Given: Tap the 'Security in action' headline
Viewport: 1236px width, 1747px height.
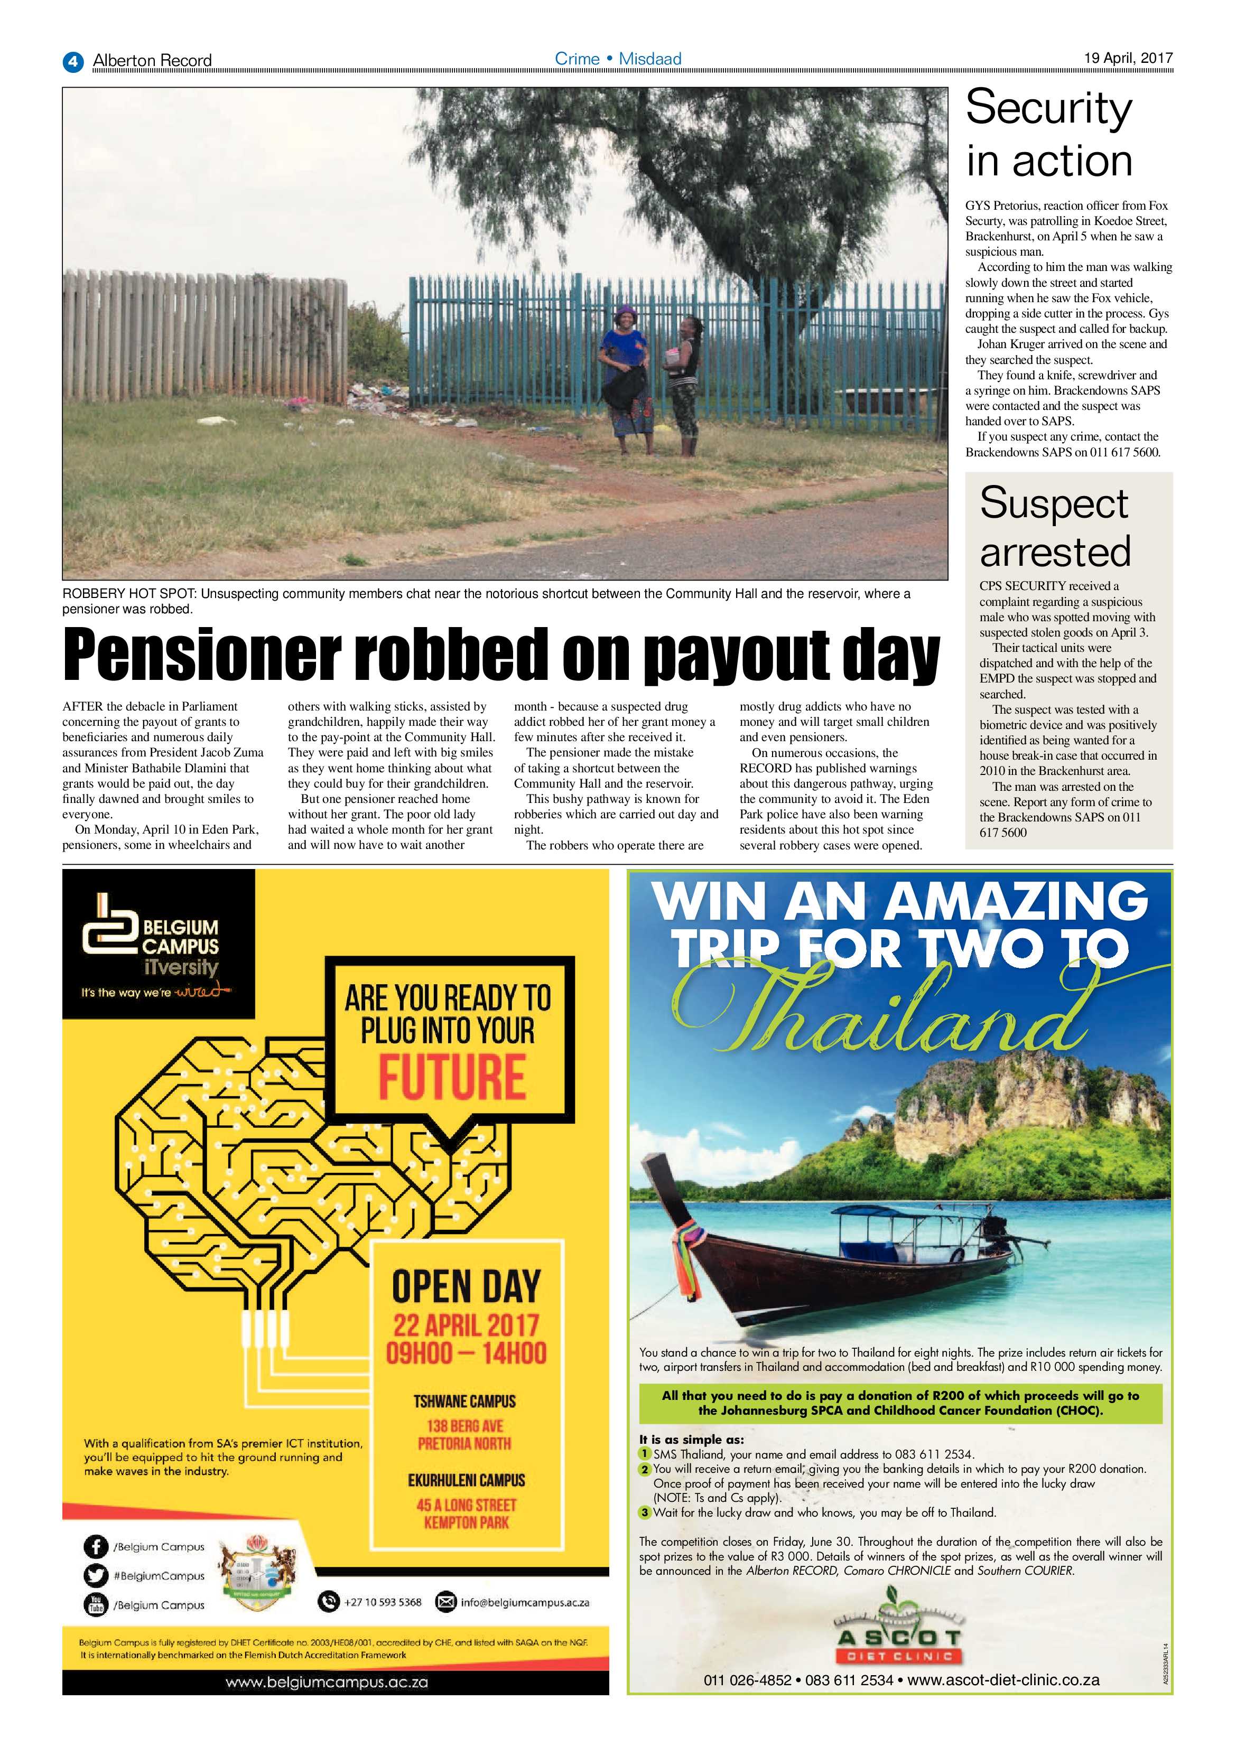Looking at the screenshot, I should (1049, 134).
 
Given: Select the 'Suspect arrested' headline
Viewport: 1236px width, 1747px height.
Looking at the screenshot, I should (1055, 527).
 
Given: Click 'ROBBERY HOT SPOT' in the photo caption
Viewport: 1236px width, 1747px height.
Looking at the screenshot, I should (129, 593).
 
